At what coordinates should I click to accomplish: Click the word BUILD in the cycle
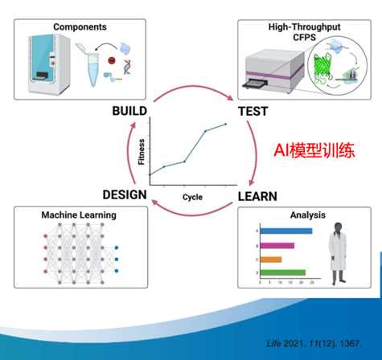pyautogui.click(x=129, y=111)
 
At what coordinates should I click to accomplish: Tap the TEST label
pyautogui.click(x=253, y=112)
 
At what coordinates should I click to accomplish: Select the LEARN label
pyautogui.click(x=257, y=196)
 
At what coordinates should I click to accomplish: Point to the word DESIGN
pyautogui.click(x=125, y=194)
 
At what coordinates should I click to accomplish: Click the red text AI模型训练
pyautogui.click(x=314, y=150)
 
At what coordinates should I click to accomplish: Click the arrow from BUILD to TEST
pyautogui.click(x=194, y=87)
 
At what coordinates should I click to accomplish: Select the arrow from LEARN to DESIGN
pyautogui.click(x=192, y=215)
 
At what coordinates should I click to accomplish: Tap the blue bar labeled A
pyautogui.click(x=286, y=231)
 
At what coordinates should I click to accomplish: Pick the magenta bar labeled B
pyautogui.click(x=277, y=246)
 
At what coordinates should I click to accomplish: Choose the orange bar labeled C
pyautogui.click(x=271, y=260)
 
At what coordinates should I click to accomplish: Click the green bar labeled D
pyautogui.click(x=283, y=272)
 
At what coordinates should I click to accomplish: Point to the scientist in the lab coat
pyautogui.click(x=338, y=253)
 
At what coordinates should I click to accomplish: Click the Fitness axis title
pyautogui.click(x=142, y=152)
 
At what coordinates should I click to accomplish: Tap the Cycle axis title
pyautogui.click(x=192, y=197)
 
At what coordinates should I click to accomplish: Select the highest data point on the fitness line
pyautogui.click(x=225, y=124)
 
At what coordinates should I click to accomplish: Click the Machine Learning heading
pyautogui.click(x=79, y=215)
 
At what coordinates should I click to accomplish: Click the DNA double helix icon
pyautogui.click(x=128, y=67)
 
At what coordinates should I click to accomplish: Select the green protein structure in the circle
pyautogui.click(x=323, y=67)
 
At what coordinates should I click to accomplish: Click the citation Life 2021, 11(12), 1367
pyautogui.click(x=314, y=343)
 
